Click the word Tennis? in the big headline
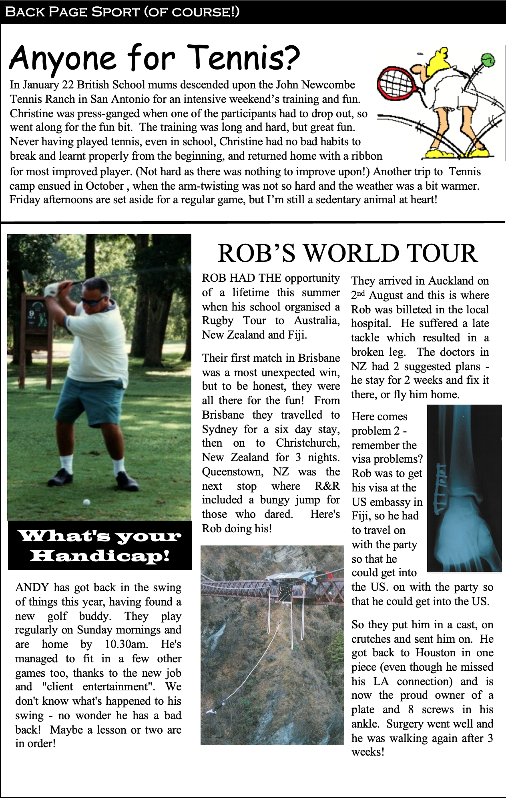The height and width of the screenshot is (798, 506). click(x=243, y=58)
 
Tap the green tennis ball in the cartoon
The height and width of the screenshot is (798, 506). click(x=488, y=60)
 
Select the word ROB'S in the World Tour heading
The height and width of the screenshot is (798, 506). click(x=256, y=253)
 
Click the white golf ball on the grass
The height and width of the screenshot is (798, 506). click(x=86, y=502)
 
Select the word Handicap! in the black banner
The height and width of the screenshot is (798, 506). click(x=100, y=555)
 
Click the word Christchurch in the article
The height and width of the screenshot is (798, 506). click(x=307, y=443)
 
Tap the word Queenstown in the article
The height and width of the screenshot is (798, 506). click(x=232, y=472)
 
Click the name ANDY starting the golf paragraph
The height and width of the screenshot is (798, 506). click(x=32, y=587)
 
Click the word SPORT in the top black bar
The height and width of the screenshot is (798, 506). click(x=115, y=12)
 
